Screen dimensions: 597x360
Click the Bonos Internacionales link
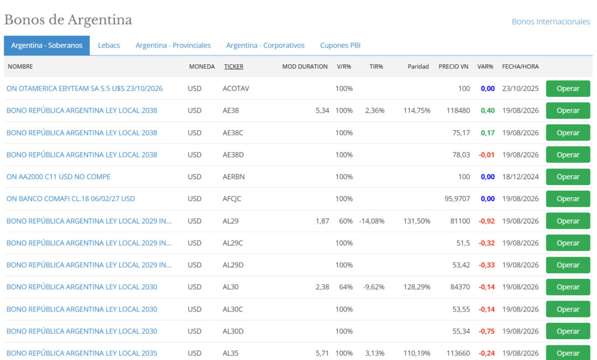pos(550,22)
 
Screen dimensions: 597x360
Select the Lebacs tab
pos(109,46)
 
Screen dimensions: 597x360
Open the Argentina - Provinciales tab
pos(173,46)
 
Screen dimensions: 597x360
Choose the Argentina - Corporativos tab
pos(265,46)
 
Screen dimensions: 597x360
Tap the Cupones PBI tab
pos(340,46)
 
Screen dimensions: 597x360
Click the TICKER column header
pos(233,67)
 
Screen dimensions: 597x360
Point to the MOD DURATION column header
pos(304,67)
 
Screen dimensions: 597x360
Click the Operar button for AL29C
pos(568,243)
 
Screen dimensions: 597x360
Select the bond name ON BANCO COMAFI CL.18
pos(71,199)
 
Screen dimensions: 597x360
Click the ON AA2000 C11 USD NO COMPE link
pos(58,177)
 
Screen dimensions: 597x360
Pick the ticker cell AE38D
pos(233,155)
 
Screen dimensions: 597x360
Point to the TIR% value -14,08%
pos(371,221)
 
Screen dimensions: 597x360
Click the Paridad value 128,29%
pos(416,287)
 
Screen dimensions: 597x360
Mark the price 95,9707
pos(457,199)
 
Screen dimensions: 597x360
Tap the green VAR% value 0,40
pos(487,110)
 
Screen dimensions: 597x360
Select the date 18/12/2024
pos(520,177)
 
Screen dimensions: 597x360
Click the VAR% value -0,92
pos(487,221)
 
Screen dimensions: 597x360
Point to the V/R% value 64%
pos(346,287)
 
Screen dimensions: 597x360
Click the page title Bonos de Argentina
pos(68,20)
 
